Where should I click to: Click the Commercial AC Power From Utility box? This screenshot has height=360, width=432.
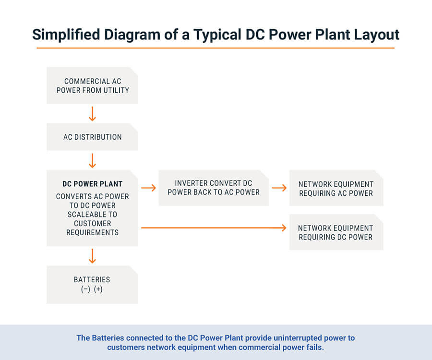click(92, 85)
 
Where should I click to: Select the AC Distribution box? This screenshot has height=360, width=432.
click(92, 137)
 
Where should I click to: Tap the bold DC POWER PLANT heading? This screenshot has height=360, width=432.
click(92, 184)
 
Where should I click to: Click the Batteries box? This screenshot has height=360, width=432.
click(92, 284)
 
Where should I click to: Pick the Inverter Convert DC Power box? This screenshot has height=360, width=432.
click(213, 188)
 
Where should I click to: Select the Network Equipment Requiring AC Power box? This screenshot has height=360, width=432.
click(336, 188)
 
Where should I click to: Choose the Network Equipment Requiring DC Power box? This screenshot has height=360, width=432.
click(336, 232)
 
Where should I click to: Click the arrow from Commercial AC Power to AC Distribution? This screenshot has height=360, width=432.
click(92, 113)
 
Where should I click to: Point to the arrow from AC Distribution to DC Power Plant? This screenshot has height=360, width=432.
click(92, 160)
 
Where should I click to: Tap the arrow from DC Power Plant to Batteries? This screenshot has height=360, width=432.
click(92, 255)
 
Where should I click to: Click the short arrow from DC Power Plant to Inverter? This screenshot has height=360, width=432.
click(149, 188)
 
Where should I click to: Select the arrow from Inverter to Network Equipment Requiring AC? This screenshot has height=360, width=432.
click(279, 188)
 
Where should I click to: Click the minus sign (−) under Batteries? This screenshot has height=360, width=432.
click(85, 289)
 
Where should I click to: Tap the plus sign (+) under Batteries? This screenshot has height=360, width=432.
click(98, 289)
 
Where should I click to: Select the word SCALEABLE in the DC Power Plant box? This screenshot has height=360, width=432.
click(92, 215)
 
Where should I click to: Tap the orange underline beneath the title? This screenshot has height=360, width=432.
click(216, 48)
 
